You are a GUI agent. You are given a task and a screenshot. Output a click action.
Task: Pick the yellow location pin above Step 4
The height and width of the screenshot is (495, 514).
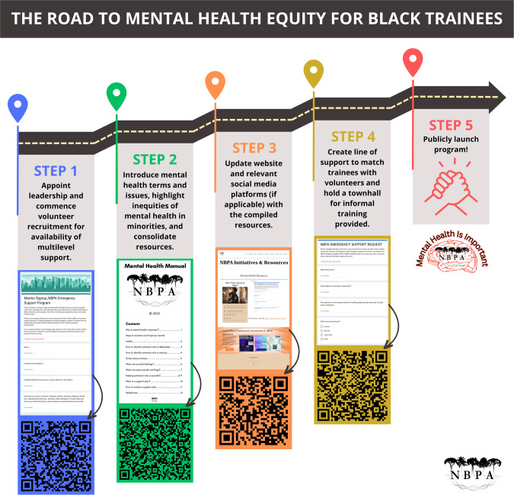tap(314, 72)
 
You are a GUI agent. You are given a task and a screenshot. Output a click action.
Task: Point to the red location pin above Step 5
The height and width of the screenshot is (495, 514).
tap(413, 61)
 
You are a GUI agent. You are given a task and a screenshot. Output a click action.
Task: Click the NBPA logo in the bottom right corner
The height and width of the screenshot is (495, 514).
tap(470, 469)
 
